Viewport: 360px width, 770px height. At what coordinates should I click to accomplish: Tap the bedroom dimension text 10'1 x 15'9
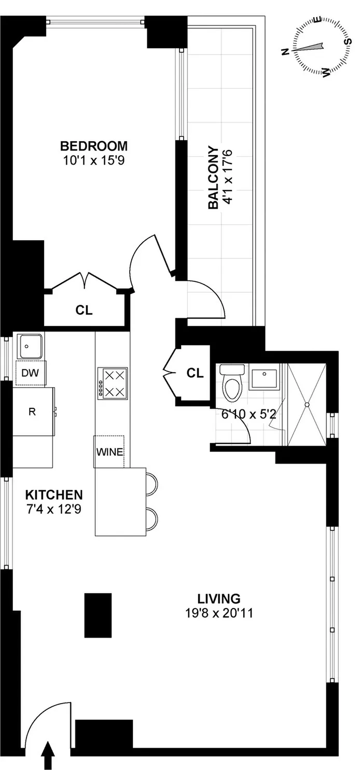pyautogui.click(x=93, y=160)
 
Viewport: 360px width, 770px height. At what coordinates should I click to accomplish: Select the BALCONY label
pyautogui.click(x=213, y=178)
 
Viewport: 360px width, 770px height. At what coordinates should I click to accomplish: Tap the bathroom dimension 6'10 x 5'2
pyautogui.click(x=238, y=415)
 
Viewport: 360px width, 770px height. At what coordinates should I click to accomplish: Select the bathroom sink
pyautogui.click(x=265, y=377)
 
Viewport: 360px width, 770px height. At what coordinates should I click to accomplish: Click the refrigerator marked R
pyautogui.click(x=32, y=412)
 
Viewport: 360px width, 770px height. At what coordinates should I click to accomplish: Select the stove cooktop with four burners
pyautogui.click(x=112, y=383)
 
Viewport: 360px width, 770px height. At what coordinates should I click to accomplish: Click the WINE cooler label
pyautogui.click(x=109, y=451)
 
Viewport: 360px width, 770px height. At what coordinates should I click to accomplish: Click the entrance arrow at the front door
pyautogui.click(x=48, y=758)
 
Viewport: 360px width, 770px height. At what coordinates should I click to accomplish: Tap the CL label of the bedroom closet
pyautogui.click(x=84, y=310)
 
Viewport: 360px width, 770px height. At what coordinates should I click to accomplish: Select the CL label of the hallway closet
pyautogui.click(x=195, y=373)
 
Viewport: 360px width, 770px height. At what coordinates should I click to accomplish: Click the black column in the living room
pyautogui.click(x=98, y=615)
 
